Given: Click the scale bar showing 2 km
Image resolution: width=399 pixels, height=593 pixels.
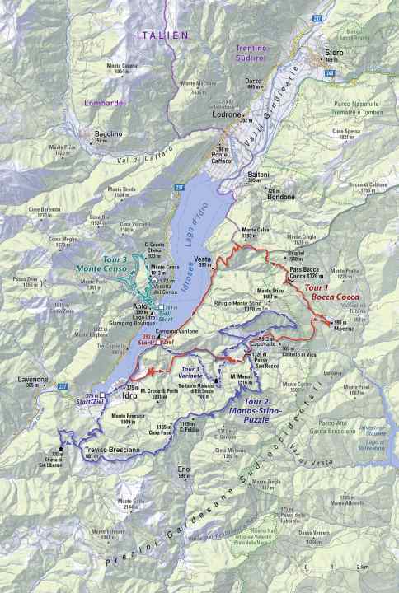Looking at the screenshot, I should (x=335, y=567).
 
